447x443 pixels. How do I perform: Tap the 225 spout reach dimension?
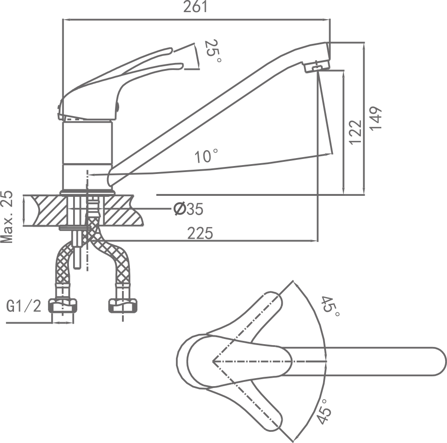[x=200, y=233]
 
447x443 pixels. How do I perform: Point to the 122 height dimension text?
[x=355, y=132]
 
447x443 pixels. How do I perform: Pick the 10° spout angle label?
[x=207, y=156]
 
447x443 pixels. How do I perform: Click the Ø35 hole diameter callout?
[x=188, y=209]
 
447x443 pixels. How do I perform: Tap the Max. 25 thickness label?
[x=7, y=216]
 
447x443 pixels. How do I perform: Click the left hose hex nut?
[x=63, y=306]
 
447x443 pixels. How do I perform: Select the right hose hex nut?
[x=122, y=306]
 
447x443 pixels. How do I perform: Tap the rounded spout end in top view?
[x=438, y=362]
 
